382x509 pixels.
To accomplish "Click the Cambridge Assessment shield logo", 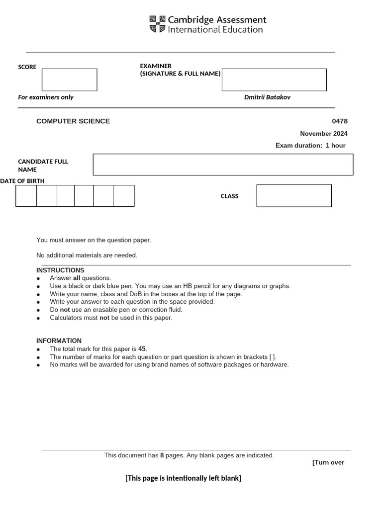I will point(157,24).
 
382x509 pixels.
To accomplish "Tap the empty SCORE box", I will point(69,80).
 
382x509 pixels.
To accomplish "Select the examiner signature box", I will point(274,80).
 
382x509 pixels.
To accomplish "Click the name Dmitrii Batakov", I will point(267,97).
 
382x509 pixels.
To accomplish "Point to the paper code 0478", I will point(340,121).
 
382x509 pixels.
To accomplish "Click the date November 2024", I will point(323,134).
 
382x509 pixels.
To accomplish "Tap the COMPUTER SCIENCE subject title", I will point(73,121).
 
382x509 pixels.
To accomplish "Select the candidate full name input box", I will point(223,165).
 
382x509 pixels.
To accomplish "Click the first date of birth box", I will point(26,196).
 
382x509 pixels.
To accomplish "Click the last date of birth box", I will point(123,196).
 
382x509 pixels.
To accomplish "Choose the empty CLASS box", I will point(293,196).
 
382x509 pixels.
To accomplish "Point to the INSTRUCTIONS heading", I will point(60,270).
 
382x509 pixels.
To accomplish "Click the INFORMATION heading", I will point(59,341).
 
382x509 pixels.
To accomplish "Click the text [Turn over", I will point(328,463).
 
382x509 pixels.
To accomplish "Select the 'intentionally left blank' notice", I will point(183,478).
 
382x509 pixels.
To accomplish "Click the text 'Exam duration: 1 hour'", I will point(310,146).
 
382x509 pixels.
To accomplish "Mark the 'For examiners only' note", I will point(46,97).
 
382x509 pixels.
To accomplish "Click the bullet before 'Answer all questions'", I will point(38,279).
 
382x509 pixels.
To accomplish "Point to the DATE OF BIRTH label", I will point(22,181).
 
